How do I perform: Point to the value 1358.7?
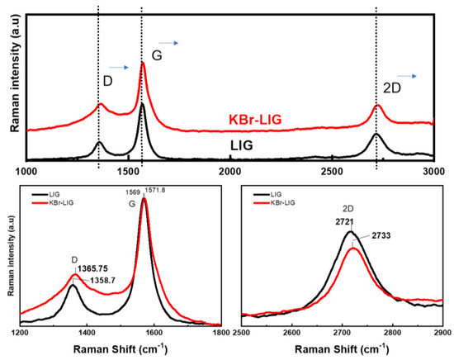pos(103,280)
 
